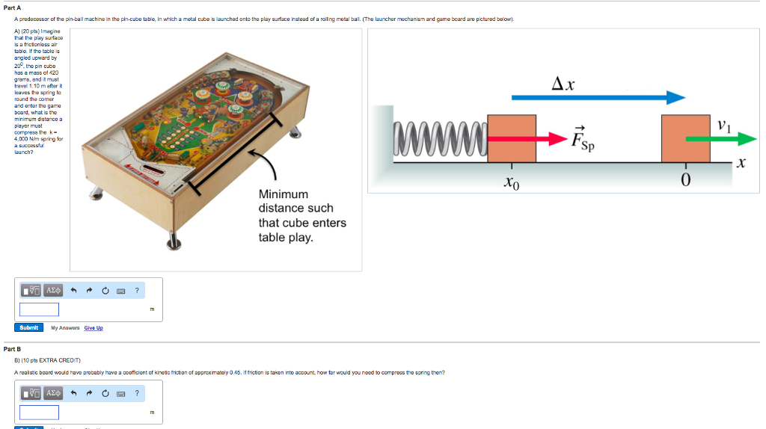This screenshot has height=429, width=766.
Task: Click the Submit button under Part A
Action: coord(28,327)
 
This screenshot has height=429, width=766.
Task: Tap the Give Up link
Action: coord(94,328)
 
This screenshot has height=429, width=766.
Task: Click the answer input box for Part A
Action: coord(39,309)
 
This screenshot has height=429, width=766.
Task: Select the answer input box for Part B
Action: coord(39,412)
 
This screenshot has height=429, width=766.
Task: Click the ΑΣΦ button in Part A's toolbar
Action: coord(54,290)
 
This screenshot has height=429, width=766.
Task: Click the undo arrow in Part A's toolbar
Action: coord(73,290)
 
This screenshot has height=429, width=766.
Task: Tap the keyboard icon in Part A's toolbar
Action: coord(120,290)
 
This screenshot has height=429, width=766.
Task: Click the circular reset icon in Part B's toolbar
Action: coord(105,393)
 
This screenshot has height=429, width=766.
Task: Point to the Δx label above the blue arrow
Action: coord(563,84)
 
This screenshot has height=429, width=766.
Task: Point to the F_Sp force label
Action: coord(583,140)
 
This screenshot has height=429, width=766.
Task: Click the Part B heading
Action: coord(13,349)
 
